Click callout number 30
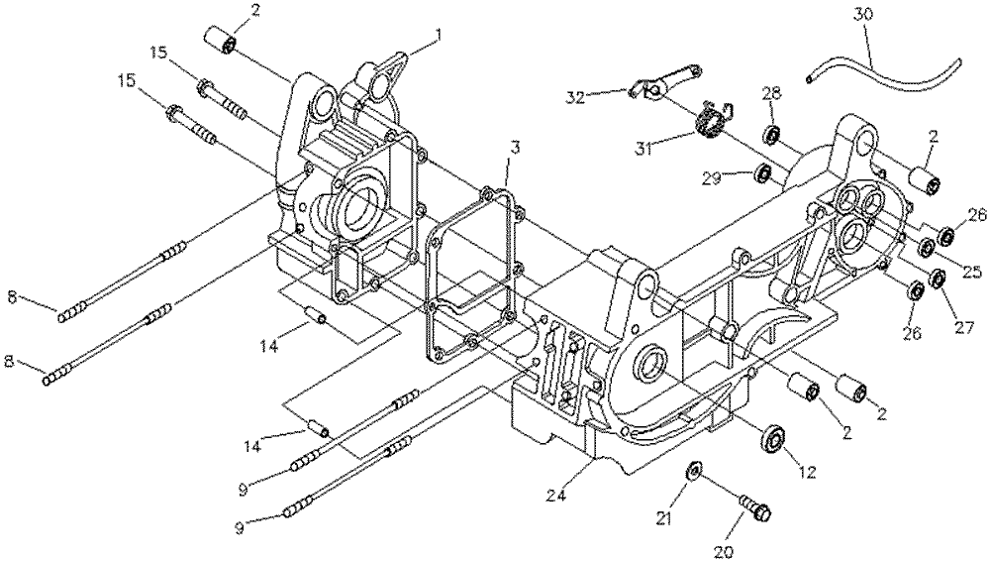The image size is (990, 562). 863,14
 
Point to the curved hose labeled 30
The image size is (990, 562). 884,74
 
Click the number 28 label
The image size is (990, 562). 771,93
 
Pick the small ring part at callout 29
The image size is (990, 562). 764,172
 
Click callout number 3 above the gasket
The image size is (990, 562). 515,149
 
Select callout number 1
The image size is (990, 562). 437,38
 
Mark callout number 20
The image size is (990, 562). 725,552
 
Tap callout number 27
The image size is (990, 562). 965,328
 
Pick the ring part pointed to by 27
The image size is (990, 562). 937,277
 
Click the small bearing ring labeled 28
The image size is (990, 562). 771,135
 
